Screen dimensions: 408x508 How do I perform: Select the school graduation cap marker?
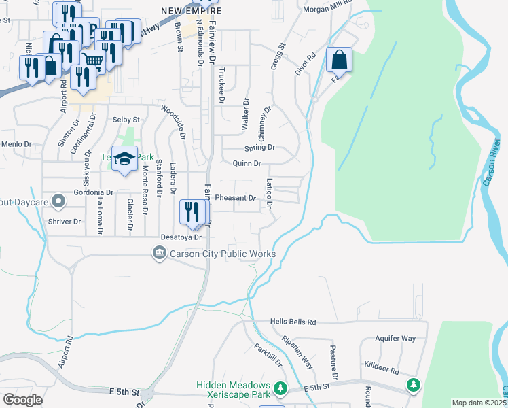point(124,159)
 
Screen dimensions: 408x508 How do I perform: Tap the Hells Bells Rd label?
point(293,322)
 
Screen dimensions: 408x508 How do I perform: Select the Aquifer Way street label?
point(395,338)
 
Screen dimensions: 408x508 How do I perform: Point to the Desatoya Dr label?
point(181,237)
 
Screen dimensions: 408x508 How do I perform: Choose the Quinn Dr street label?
point(247,163)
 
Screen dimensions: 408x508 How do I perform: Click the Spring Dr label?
point(259,147)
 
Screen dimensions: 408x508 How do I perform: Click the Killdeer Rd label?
point(381,366)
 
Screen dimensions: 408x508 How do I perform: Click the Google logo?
point(23,399)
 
